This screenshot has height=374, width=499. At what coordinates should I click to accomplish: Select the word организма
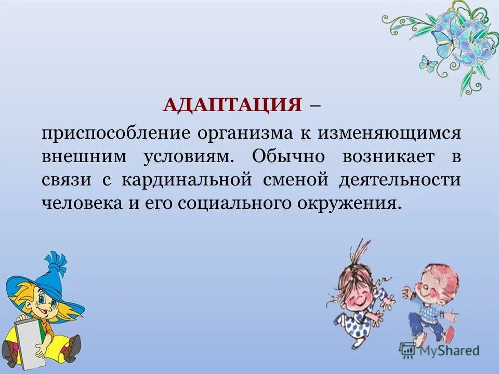click(x=244, y=133)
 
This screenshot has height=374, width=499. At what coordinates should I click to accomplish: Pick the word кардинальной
click(x=190, y=180)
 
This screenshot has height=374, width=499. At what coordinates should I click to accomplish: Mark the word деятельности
click(x=400, y=180)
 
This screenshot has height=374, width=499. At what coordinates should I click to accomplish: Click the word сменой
click(x=298, y=180)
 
